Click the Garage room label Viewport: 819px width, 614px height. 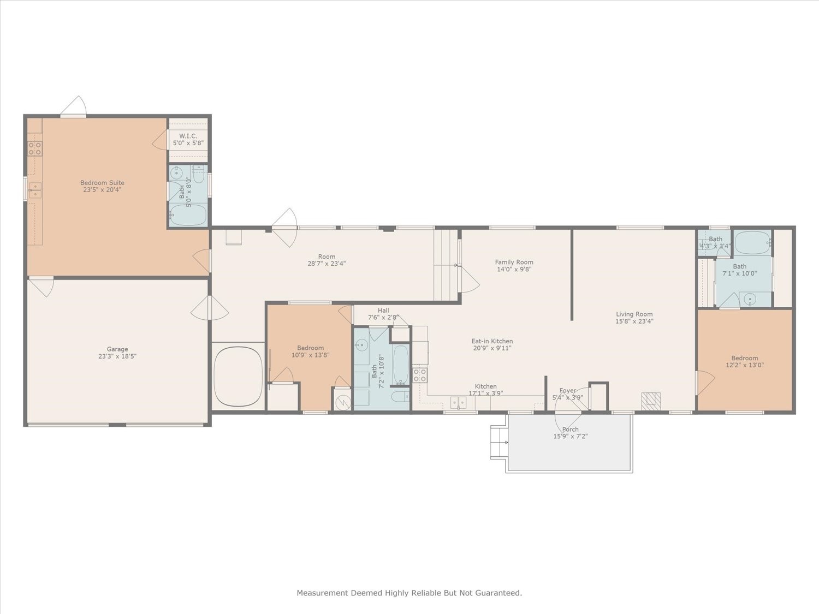click(x=117, y=349)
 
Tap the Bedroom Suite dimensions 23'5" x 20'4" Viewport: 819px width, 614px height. click(x=102, y=190)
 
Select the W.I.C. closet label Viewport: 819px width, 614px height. click(x=188, y=136)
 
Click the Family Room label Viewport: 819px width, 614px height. click(x=514, y=262)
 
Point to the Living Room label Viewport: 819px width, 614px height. click(x=634, y=314)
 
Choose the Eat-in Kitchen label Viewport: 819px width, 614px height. click(x=492, y=341)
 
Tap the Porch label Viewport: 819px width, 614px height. click(x=570, y=430)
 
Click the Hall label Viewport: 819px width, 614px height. click(x=383, y=311)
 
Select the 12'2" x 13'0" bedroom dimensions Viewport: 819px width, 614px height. click(x=745, y=365)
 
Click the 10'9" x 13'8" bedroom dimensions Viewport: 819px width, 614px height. click(x=311, y=355)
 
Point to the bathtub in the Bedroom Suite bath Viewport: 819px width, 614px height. click(x=188, y=215)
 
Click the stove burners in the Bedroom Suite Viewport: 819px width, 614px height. click(x=35, y=148)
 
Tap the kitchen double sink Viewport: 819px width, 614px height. click(x=458, y=403)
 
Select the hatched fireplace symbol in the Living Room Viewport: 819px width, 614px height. click(x=651, y=401)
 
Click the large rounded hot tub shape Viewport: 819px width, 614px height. click(x=239, y=377)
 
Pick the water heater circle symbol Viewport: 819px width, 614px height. click(x=342, y=402)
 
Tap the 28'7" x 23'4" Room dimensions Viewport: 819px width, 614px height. click(x=327, y=264)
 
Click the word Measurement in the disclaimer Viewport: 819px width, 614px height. click(x=322, y=593)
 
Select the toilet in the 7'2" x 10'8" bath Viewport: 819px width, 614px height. click(x=400, y=396)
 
